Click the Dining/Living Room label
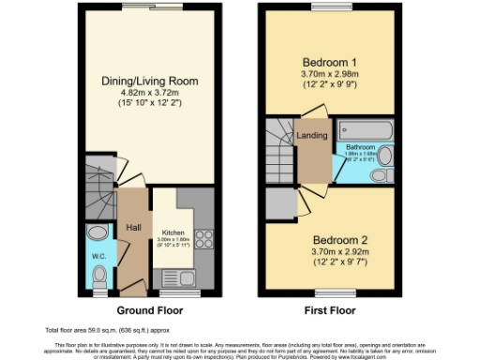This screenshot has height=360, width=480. (x=150, y=81)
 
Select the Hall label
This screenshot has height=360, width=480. (x=133, y=227)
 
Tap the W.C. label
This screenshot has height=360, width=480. (x=97, y=255)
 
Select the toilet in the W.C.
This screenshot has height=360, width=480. (x=100, y=276)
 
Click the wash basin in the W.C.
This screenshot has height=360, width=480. (x=97, y=234)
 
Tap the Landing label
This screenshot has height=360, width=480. (x=312, y=136)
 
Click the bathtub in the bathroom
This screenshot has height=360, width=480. (x=359, y=130)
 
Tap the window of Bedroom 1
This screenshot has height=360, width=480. (x=325, y=8)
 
